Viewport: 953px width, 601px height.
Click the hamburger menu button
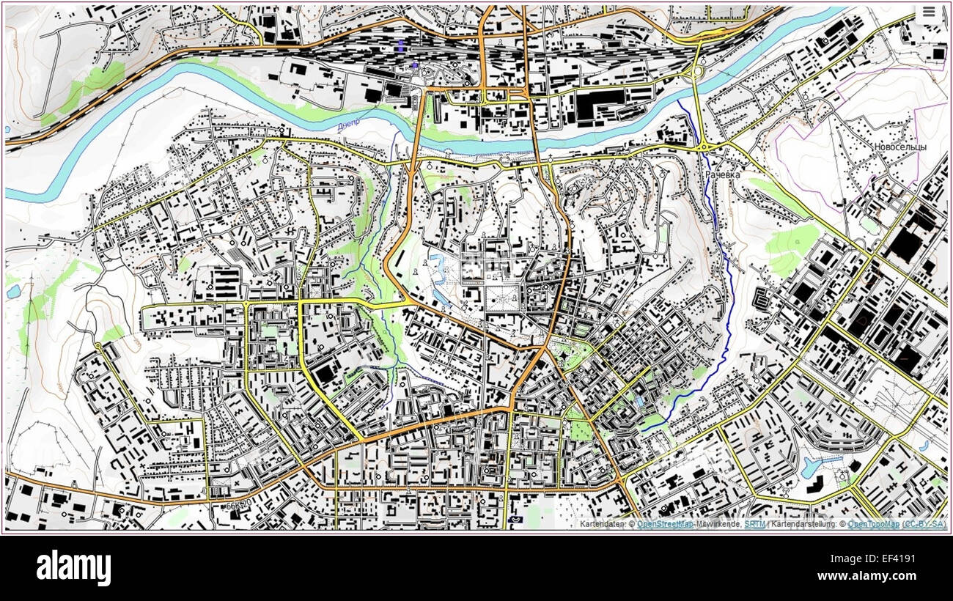(929, 12)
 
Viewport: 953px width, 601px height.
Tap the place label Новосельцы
(899, 147)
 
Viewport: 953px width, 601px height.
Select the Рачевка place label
(723, 175)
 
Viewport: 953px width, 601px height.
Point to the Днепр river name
(350, 127)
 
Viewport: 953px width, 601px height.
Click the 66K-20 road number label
(238, 505)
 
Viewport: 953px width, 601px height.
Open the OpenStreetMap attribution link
(665, 524)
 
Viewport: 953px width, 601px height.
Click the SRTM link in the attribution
(754, 524)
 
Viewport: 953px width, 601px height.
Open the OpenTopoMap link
(873, 524)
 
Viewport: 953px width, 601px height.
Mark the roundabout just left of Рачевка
(703, 147)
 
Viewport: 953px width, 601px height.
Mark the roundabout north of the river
(695, 72)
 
